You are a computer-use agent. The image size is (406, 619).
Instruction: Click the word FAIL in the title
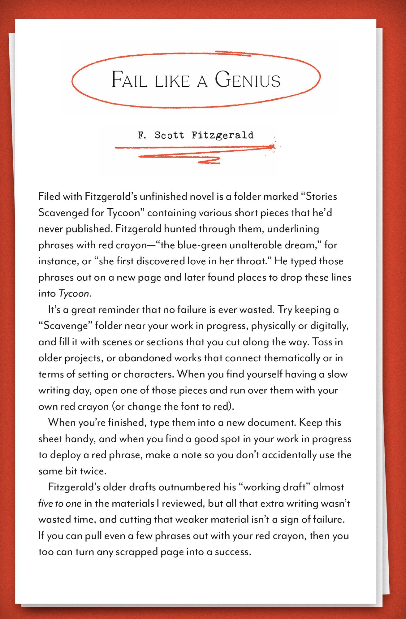tap(129, 80)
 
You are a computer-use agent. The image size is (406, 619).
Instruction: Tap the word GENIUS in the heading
tap(248, 80)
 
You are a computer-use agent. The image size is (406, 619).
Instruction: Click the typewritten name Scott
tap(169, 135)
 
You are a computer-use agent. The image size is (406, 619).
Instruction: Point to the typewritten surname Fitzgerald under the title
tap(222, 135)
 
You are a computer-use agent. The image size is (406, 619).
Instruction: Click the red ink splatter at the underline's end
tap(272, 146)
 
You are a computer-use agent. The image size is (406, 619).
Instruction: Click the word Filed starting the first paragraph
tap(49, 196)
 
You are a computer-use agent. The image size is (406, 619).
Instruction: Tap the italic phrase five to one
tap(60, 503)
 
